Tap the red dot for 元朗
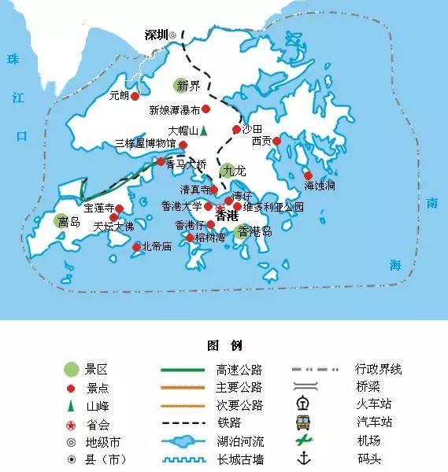pos(135,96)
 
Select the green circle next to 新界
pos(182,85)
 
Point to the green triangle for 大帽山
pos(202,131)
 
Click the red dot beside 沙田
pos(235,130)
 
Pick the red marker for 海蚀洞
pos(308,175)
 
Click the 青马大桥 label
pos(187,164)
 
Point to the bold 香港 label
pos(227,215)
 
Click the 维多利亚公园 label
pos(272,208)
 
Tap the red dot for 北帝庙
pos(136,247)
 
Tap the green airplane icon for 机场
pos(302,441)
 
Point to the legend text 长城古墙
pos(239,459)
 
